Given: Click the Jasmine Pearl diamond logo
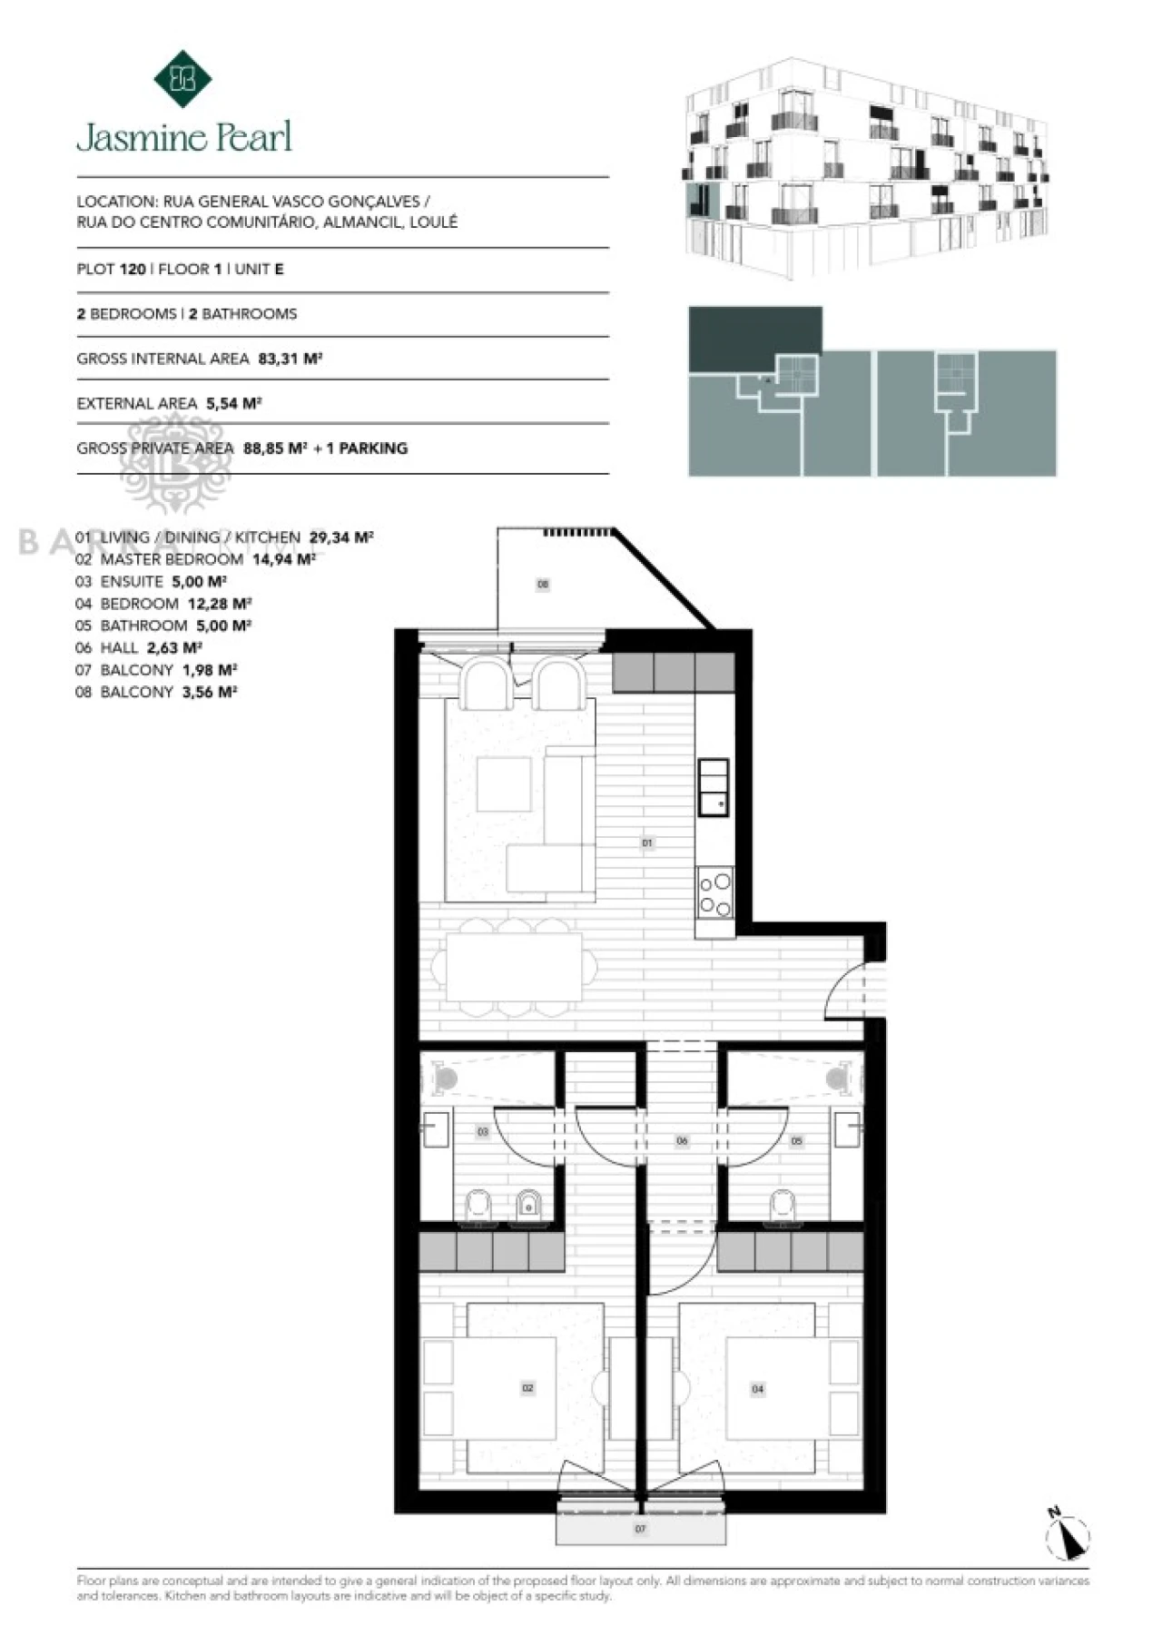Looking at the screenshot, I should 182,79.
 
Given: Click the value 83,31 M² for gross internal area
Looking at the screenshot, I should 290,359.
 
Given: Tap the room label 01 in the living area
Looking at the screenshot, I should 647,843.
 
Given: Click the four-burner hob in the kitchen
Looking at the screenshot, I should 715,893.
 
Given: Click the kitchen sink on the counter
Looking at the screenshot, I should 713,787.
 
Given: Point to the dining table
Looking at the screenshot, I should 514,967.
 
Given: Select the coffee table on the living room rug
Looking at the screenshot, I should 504,783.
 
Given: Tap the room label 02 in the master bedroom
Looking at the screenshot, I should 527,1388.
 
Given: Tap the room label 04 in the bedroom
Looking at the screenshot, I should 758,1389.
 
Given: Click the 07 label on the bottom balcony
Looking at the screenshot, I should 640,1529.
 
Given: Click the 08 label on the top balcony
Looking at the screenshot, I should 543,585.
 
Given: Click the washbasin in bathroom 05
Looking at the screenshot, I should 848,1130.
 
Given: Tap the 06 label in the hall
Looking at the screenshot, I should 682,1141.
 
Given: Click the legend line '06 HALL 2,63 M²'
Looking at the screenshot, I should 138,647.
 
